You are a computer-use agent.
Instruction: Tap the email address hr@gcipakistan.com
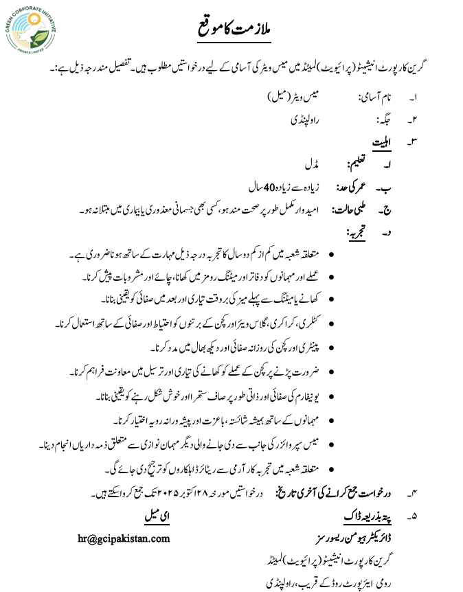[x=124, y=538]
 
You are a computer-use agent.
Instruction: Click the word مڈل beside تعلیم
[x=312, y=165]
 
